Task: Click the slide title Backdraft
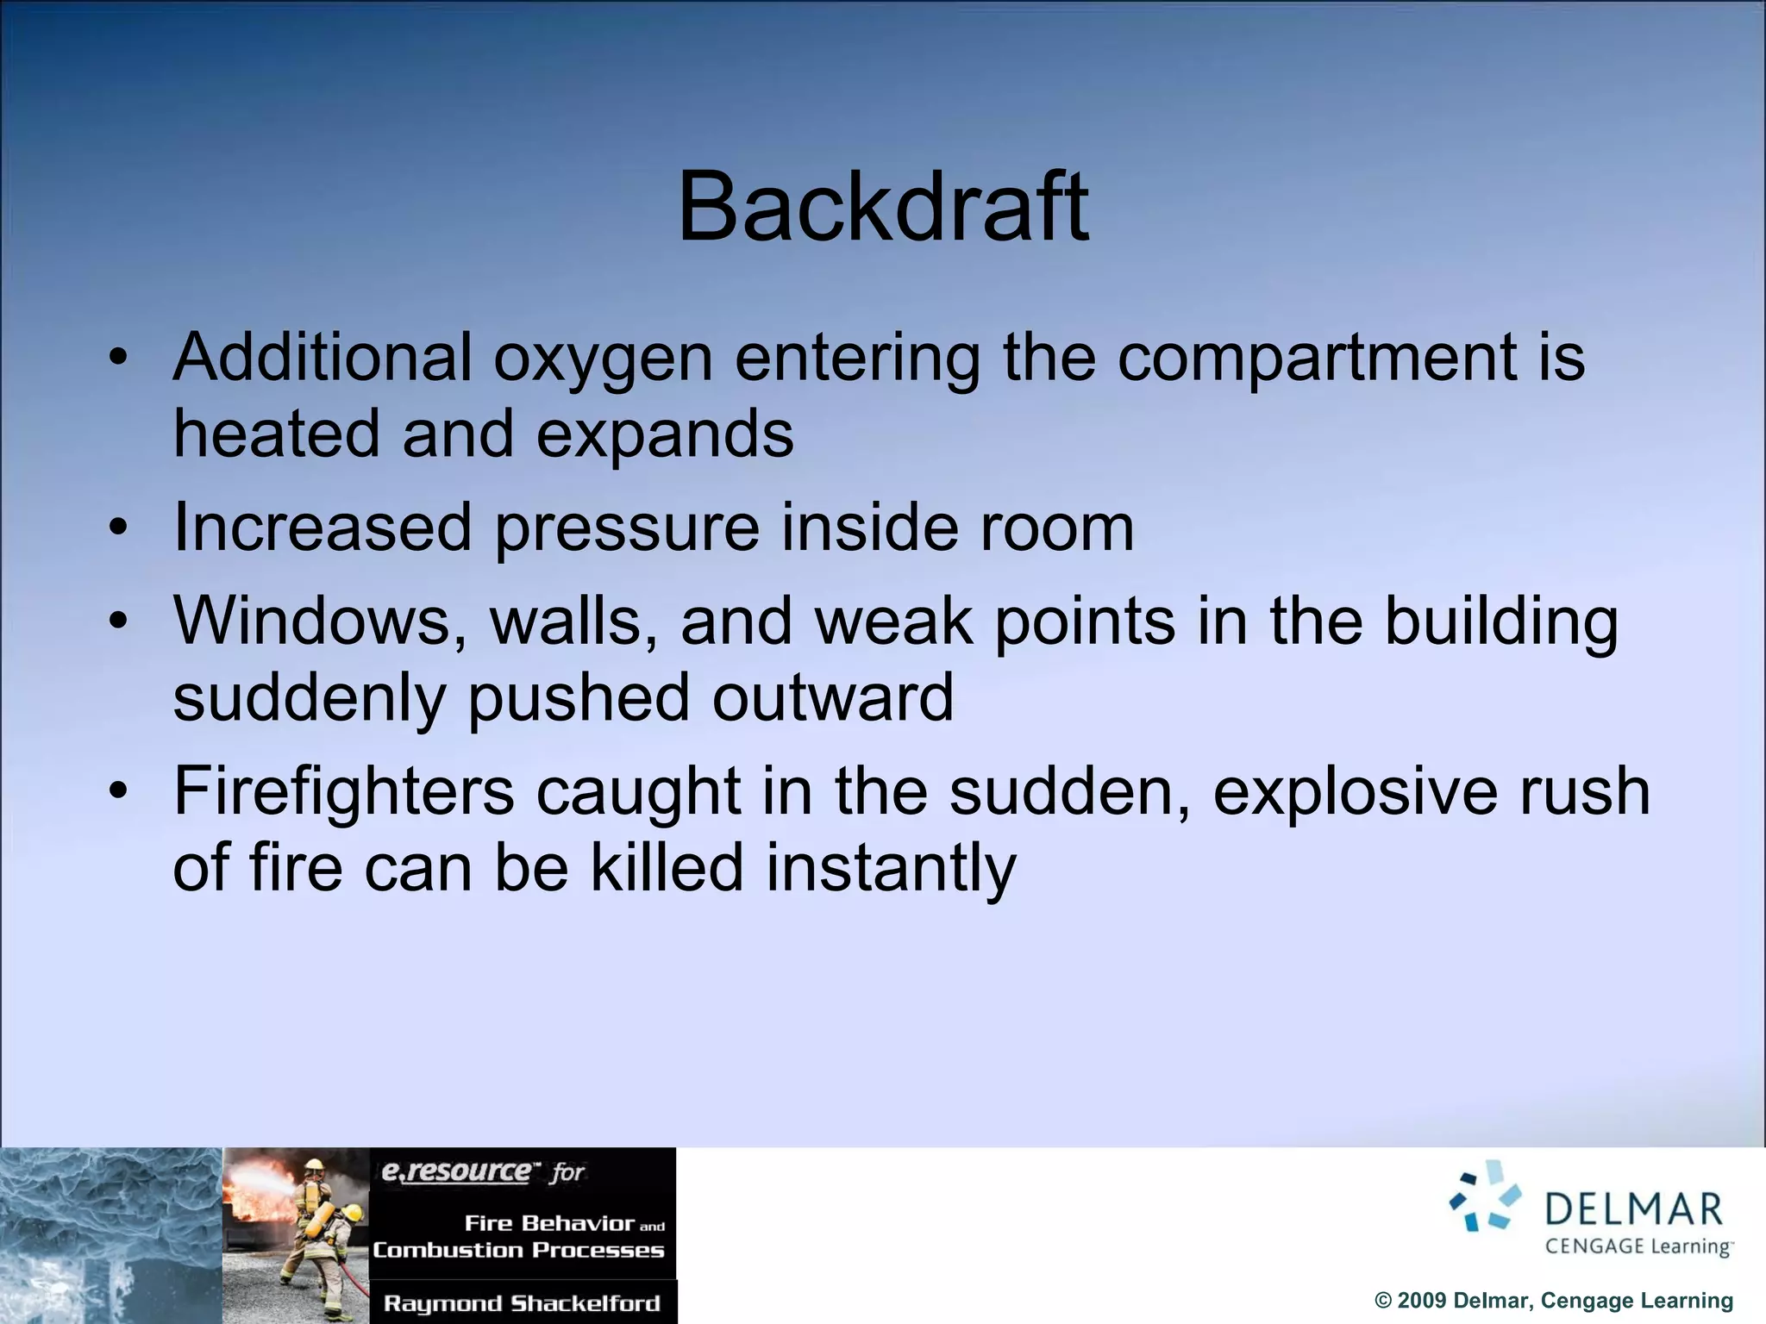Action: click(883, 207)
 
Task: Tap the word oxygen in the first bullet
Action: click(603, 358)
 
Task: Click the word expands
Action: click(665, 434)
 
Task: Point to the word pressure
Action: click(627, 528)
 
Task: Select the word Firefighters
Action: click(343, 791)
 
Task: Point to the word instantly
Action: click(891, 869)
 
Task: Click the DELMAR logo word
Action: click(1633, 1209)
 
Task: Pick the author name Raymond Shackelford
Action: click(522, 1303)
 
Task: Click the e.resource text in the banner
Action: click(456, 1171)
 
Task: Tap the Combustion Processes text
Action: click(518, 1251)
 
